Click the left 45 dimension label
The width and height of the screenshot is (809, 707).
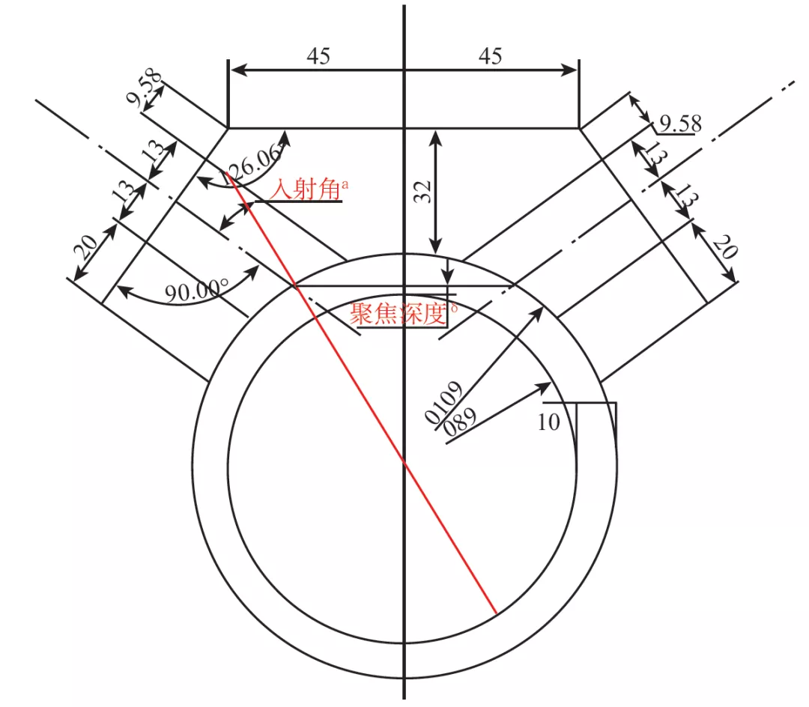coord(318,55)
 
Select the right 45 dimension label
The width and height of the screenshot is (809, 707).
coord(490,55)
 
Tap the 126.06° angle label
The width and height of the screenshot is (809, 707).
coord(254,165)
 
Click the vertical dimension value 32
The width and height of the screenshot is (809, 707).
coord(423,192)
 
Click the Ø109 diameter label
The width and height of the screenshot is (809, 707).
coord(443,403)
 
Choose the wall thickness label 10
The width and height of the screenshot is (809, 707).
coord(548,422)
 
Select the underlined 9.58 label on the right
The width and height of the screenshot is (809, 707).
coord(681,124)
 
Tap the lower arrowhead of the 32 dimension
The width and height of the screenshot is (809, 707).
coord(436,246)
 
